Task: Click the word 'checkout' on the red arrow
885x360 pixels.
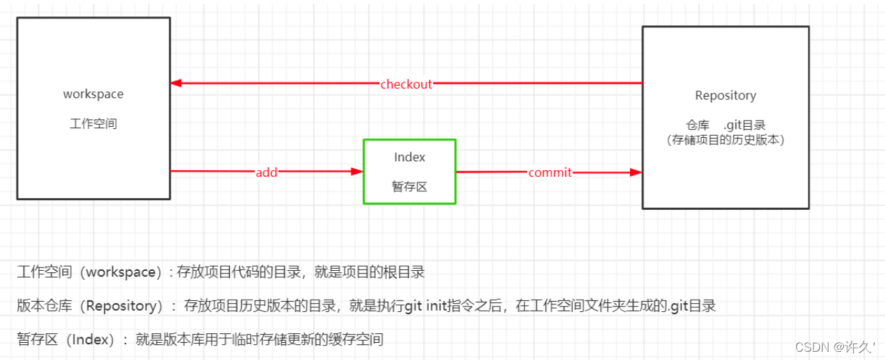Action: (406, 84)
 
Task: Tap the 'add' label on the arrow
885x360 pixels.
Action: (266, 172)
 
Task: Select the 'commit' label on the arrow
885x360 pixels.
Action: (550, 172)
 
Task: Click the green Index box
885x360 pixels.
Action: (410, 171)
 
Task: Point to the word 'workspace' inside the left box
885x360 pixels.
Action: (93, 94)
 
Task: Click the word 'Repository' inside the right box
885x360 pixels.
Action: (725, 95)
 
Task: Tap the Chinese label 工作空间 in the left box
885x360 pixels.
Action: (93, 124)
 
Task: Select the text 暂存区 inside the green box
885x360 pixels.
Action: (410, 186)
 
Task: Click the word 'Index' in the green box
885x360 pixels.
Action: (410, 157)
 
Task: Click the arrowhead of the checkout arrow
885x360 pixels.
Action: (176, 84)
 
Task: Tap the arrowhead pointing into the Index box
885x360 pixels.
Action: (357, 171)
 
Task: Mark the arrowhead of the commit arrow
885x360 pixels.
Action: (636, 172)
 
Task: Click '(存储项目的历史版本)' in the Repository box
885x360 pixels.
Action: (725, 139)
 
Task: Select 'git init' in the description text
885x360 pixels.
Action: (427, 306)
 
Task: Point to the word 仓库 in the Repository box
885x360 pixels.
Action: (698, 125)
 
